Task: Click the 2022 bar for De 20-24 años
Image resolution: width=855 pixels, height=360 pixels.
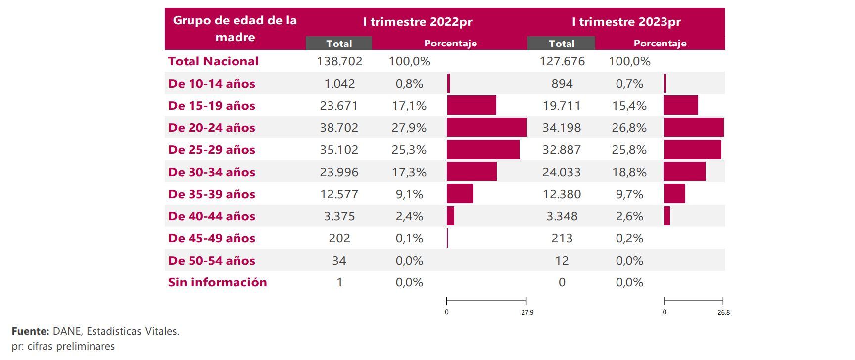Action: [x=486, y=128]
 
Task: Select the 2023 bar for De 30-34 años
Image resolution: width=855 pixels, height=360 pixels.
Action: [x=684, y=172]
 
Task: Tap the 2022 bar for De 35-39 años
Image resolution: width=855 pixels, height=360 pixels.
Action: [x=460, y=194]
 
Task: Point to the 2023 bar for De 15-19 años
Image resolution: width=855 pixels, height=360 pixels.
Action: [x=681, y=105]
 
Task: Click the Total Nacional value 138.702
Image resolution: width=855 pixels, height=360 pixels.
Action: [x=339, y=61]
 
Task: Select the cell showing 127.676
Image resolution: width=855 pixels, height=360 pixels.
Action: [x=562, y=61]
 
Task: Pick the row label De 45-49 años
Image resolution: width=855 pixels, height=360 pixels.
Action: [x=212, y=238]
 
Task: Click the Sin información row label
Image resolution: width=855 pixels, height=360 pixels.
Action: [x=217, y=282]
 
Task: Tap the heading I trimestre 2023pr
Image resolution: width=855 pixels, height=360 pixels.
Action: [x=626, y=22]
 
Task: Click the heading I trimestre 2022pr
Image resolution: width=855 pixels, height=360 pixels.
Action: [x=418, y=22]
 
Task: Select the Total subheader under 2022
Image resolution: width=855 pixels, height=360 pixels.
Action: [x=339, y=44]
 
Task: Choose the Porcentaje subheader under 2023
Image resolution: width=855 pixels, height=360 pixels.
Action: [x=660, y=44]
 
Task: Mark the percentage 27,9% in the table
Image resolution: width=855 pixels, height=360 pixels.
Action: [x=409, y=128]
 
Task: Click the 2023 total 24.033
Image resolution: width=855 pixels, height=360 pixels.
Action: [x=562, y=172]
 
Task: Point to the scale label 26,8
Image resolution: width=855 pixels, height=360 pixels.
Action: [x=724, y=312]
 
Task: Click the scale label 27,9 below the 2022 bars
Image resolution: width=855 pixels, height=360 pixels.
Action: [x=527, y=312]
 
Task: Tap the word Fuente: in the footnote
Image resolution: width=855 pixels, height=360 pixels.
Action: [x=30, y=331]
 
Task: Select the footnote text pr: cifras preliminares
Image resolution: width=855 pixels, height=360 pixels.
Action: [x=63, y=346]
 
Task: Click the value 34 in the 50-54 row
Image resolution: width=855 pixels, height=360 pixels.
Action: [x=339, y=261]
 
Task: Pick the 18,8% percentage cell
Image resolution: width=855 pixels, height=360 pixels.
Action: [x=629, y=172]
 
